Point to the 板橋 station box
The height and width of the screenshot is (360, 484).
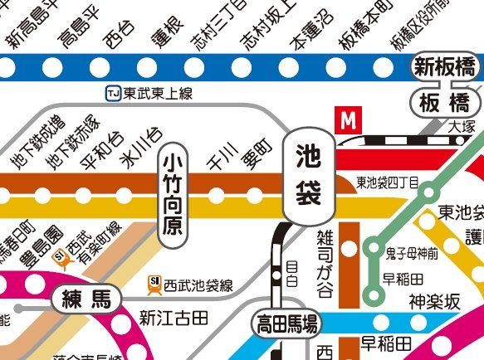tap(444, 104)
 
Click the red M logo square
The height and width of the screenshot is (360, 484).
tap(348, 120)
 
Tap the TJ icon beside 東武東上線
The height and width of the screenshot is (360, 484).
tap(112, 95)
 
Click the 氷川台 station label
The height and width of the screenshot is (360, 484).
tap(139, 148)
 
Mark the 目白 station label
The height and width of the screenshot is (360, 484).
tap(291, 272)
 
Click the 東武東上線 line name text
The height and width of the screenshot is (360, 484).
tap(159, 95)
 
